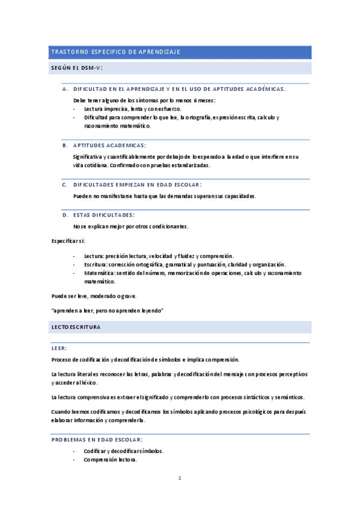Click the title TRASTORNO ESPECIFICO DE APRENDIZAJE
pos(116,52)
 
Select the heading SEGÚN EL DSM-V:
pos(76,68)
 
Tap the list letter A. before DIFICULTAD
pos(65,89)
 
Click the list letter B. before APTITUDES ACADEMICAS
pos(65,145)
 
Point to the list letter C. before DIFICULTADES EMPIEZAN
pos(65,185)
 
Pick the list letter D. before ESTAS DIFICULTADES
pos(65,215)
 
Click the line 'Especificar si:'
pos(68,241)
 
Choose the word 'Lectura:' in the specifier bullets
pos(94,256)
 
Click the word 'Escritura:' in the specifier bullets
pos(97,265)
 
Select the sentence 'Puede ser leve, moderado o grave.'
pos(94,296)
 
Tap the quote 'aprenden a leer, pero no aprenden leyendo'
pos(108,310)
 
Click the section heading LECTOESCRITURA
pos(76,327)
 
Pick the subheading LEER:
pos(59,348)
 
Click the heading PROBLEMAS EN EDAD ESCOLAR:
pos(97,440)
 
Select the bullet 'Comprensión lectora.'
pos(111,460)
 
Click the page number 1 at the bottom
pos(179,479)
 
